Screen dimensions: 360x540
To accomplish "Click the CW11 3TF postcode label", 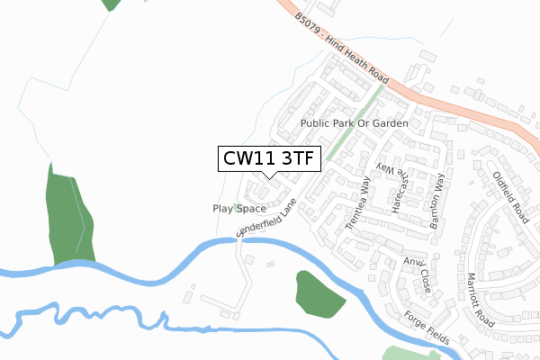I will tap(267, 159).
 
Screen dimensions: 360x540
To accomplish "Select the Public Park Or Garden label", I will tap(355, 122).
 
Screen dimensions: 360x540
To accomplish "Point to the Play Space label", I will tap(239, 208).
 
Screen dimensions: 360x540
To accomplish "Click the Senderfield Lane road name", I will tap(266, 219).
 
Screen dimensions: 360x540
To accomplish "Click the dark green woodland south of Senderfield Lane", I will tap(318, 294).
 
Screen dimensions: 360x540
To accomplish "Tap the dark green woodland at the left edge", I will tap(68, 217).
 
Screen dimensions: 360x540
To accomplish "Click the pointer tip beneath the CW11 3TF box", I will tap(267, 176).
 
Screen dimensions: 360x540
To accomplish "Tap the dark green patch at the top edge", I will tap(112, 4).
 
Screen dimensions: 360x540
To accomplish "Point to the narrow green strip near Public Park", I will tap(355, 121).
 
